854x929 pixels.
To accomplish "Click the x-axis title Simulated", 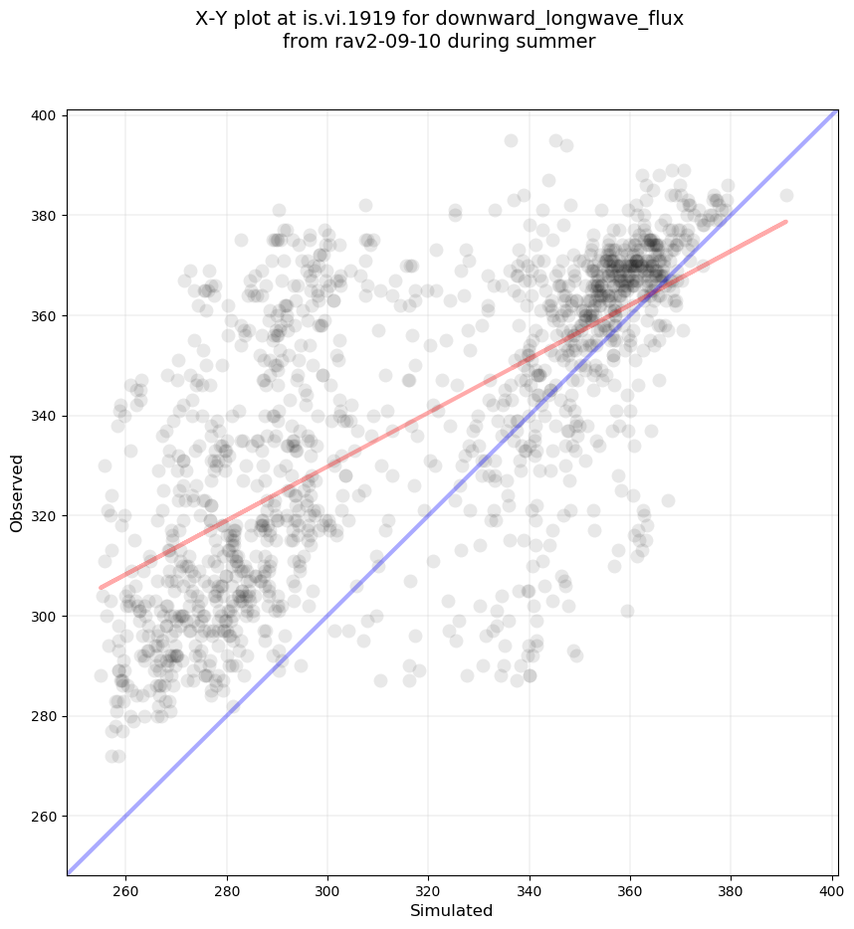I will tap(452, 910).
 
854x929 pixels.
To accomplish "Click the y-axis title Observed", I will tap(17, 493).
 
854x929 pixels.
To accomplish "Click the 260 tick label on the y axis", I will tap(46, 817).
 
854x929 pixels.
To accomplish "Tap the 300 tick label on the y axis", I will tap(46, 617).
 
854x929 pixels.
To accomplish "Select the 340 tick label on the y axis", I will tap(46, 416).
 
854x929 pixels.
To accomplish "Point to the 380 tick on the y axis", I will tap(46, 216).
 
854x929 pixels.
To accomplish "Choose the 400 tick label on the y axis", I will tap(46, 115).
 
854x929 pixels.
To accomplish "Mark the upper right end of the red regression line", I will tap(786, 221).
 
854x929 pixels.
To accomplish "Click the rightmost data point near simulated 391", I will tap(786, 195).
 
